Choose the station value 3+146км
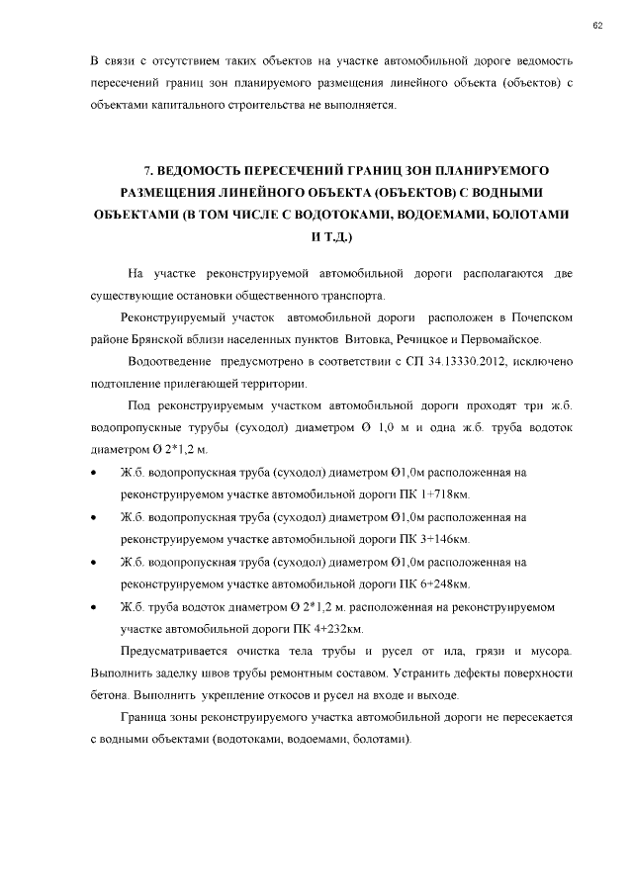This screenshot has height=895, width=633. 448,539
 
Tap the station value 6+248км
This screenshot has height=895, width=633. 448,583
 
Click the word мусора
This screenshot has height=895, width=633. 550,651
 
